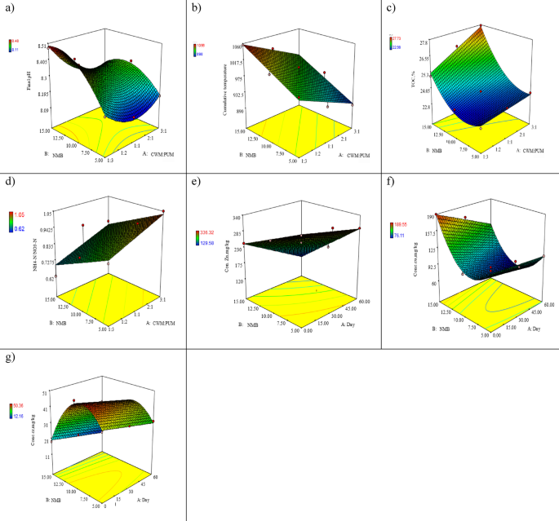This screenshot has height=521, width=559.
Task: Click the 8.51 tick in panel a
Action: click(x=41, y=46)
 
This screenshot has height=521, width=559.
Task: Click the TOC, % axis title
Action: click(x=412, y=80)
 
